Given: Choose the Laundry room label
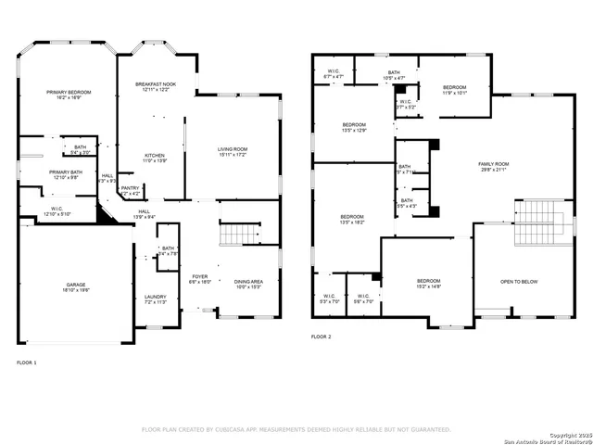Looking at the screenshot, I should click(155, 299).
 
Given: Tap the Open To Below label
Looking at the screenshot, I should click(520, 282).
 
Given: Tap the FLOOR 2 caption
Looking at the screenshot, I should click(321, 336).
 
